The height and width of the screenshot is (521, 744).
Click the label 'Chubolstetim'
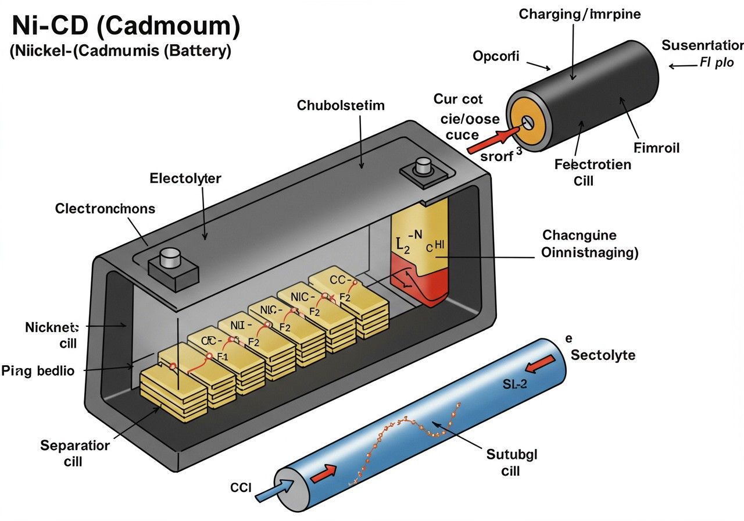pyautogui.click(x=341, y=105)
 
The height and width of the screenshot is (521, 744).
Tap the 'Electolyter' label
pyautogui.click(x=185, y=178)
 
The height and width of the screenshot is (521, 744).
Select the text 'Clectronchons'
pyautogui.click(x=105, y=208)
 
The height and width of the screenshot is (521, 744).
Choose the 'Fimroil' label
pyautogui.click(x=657, y=148)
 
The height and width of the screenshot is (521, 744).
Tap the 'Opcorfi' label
pyautogui.click(x=496, y=56)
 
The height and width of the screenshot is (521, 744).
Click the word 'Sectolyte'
pyautogui.click(x=603, y=355)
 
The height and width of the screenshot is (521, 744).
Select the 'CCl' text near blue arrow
pyautogui.click(x=240, y=488)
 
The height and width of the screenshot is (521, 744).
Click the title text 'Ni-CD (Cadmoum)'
pyautogui.click(x=126, y=27)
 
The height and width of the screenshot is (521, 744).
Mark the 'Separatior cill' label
pyautogui.click(x=74, y=453)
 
